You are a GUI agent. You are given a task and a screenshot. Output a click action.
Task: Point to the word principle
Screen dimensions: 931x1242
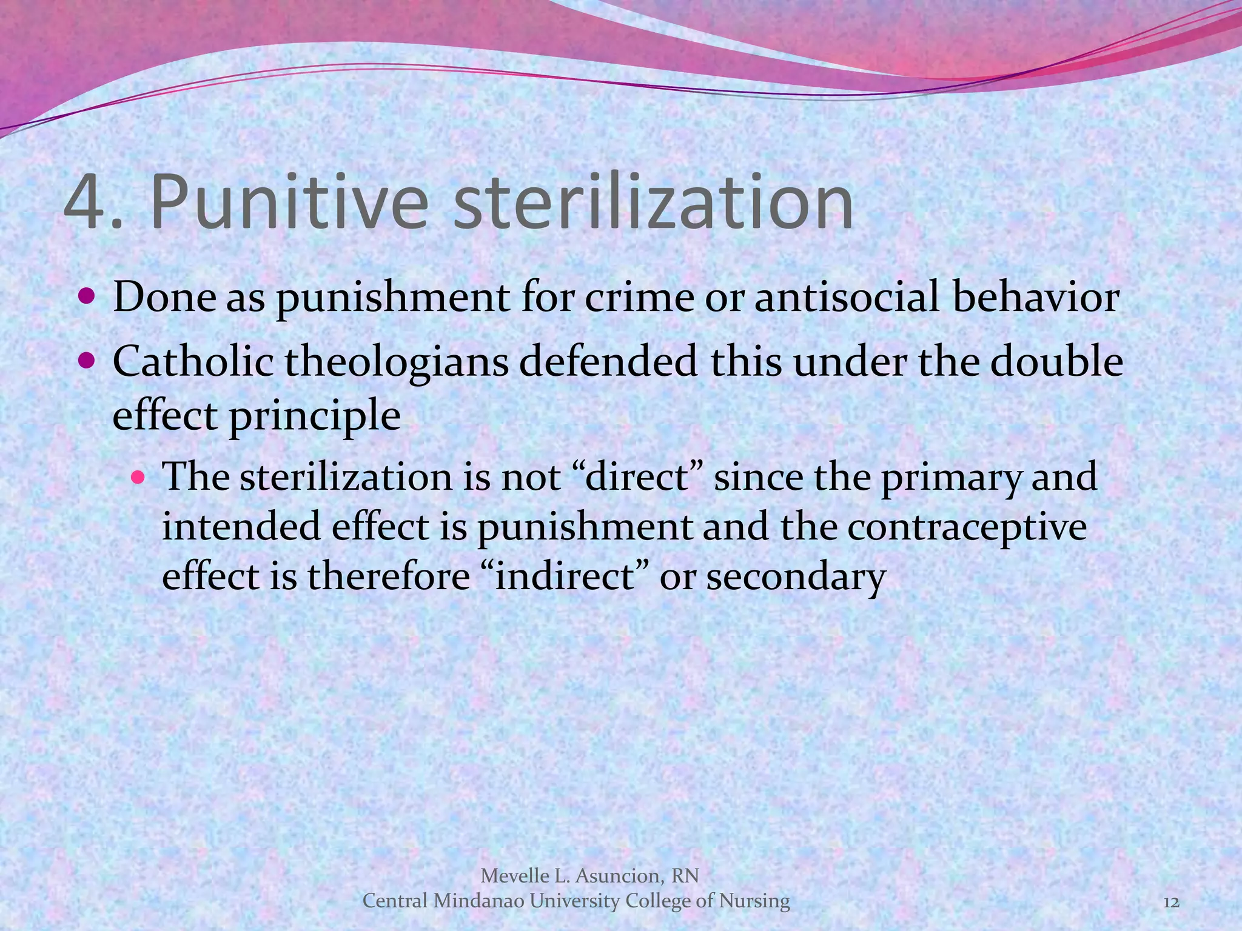[314, 417]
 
